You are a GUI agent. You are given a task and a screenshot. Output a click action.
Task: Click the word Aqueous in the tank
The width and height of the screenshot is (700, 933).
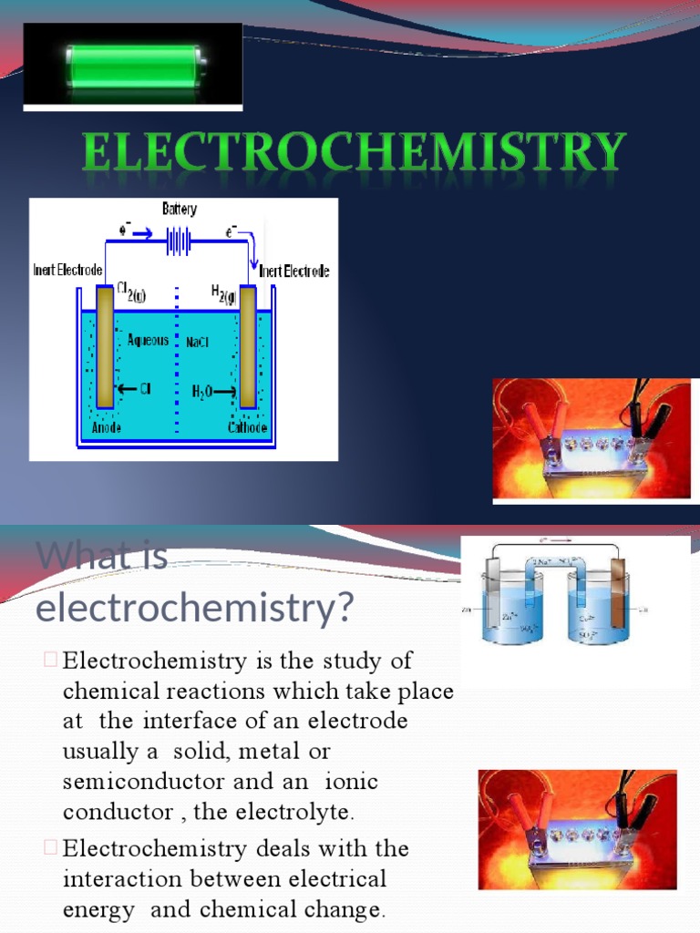(148, 340)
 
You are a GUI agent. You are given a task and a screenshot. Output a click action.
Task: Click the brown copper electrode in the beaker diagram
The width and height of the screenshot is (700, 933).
(620, 606)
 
